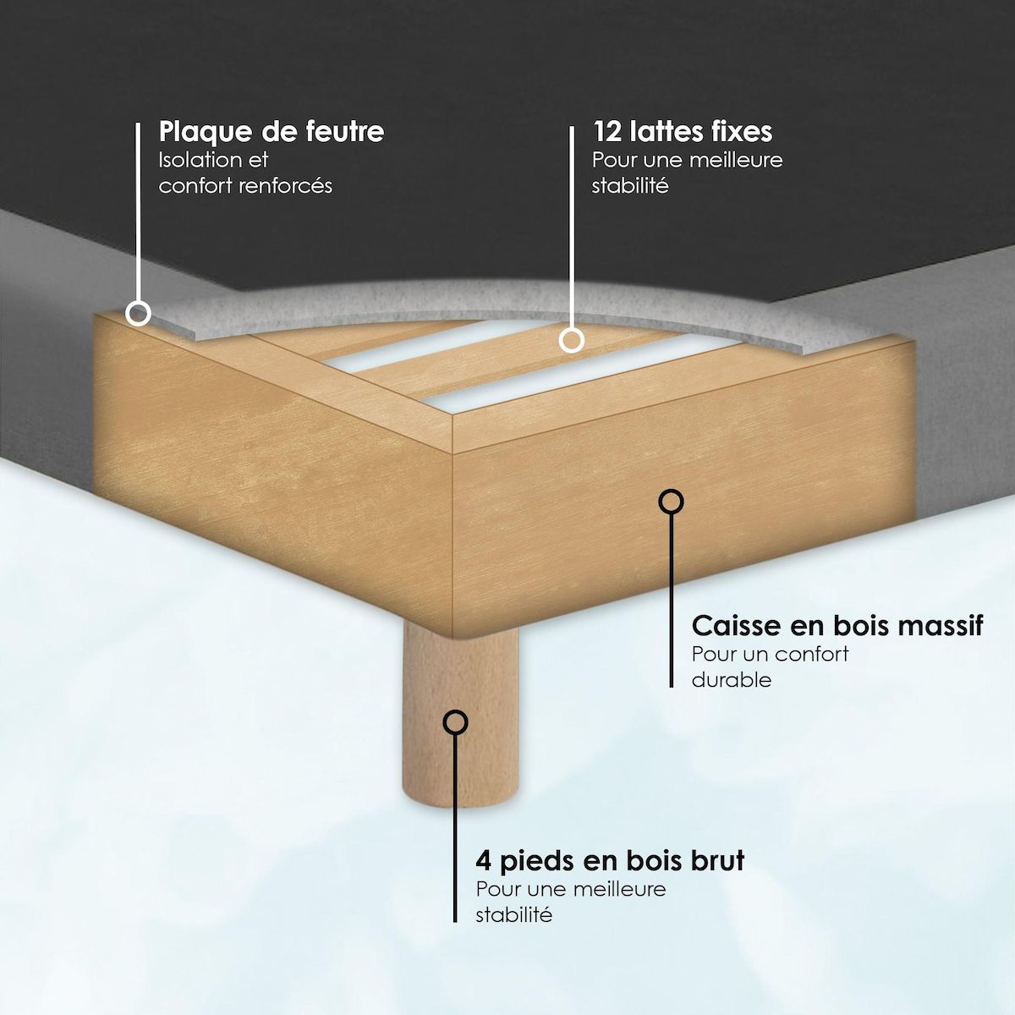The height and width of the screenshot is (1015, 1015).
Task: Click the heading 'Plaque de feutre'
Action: [x=272, y=133]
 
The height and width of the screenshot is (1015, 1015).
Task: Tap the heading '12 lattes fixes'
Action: [x=683, y=132]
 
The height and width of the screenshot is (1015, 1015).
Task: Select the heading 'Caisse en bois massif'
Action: [x=837, y=626]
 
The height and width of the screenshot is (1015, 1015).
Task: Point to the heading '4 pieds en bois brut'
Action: [x=610, y=862]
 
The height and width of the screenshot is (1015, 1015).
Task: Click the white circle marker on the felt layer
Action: [x=139, y=314]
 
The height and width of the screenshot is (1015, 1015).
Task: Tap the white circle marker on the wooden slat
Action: [x=572, y=340]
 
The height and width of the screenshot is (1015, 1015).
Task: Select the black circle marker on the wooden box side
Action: [x=671, y=502]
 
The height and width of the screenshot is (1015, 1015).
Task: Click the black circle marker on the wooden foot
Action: [x=456, y=722]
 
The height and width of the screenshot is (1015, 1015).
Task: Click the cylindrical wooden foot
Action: [x=460, y=716]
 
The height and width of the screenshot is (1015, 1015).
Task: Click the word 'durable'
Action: [x=732, y=680]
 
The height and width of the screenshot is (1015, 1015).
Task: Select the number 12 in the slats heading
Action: [x=608, y=132]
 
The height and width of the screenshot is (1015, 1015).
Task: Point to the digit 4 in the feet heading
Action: [x=484, y=861]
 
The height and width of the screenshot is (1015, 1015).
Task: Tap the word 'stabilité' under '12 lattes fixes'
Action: [x=630, y=186]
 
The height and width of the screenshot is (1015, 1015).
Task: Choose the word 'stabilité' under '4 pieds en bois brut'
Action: [x=513, y=915]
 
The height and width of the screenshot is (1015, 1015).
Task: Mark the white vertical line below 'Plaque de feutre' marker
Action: [x=138, y=212]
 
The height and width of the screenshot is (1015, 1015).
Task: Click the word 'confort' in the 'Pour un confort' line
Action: [x=812, y=654]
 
